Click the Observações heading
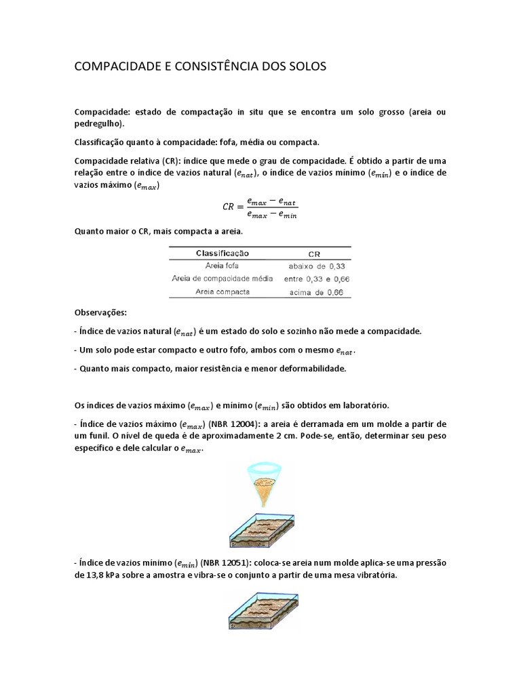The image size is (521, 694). pos(100,313)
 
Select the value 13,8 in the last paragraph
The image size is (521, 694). pos(93,575)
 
